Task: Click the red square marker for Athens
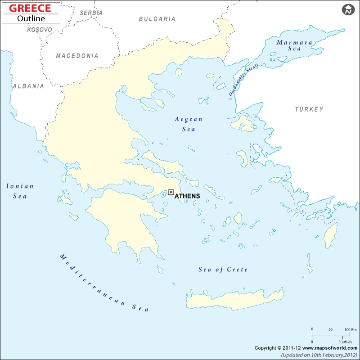click(171, 192)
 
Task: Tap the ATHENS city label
click(187, 196)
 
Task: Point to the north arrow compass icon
click(348, 10)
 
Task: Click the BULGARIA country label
click(157, 19)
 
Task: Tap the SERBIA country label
click(91, 13)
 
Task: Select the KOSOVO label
click(40, 30)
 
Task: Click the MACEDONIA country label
click(77, 56)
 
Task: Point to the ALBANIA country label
click(28, 86)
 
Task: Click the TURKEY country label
click(309, 109)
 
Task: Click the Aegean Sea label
click(189, 124)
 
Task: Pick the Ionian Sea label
click(20, 191)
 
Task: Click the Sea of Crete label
click(223, 270)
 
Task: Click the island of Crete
click(234, 300)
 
